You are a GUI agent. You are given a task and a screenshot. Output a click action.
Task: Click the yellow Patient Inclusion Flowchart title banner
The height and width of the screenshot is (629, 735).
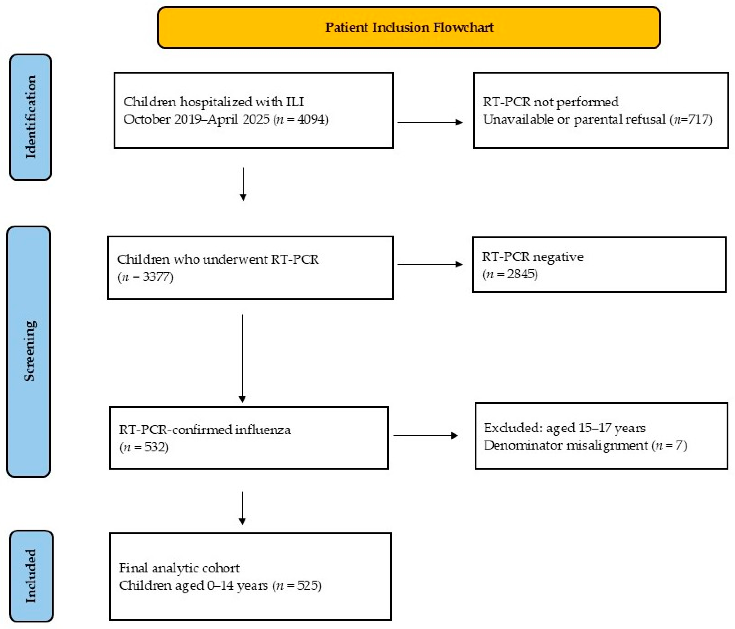(x=409, y=27)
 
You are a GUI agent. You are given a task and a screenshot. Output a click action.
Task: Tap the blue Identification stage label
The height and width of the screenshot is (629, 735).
(x=31, y=117)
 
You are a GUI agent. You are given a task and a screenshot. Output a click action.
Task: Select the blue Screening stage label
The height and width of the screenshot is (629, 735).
(x=29, y=351)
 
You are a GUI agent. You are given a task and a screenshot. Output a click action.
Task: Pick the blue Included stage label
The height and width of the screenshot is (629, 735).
(x=31, y=576)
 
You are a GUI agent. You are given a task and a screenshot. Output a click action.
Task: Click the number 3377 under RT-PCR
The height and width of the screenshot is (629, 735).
(x=156, y=276)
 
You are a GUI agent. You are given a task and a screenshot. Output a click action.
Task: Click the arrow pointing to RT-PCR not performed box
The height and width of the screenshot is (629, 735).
(x=430, y=122)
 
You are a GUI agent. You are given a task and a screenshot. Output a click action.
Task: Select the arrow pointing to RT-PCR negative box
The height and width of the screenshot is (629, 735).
(x=430, y=264)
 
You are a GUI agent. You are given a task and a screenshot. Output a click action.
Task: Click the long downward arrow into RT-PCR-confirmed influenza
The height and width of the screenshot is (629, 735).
(x=242, y=359)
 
